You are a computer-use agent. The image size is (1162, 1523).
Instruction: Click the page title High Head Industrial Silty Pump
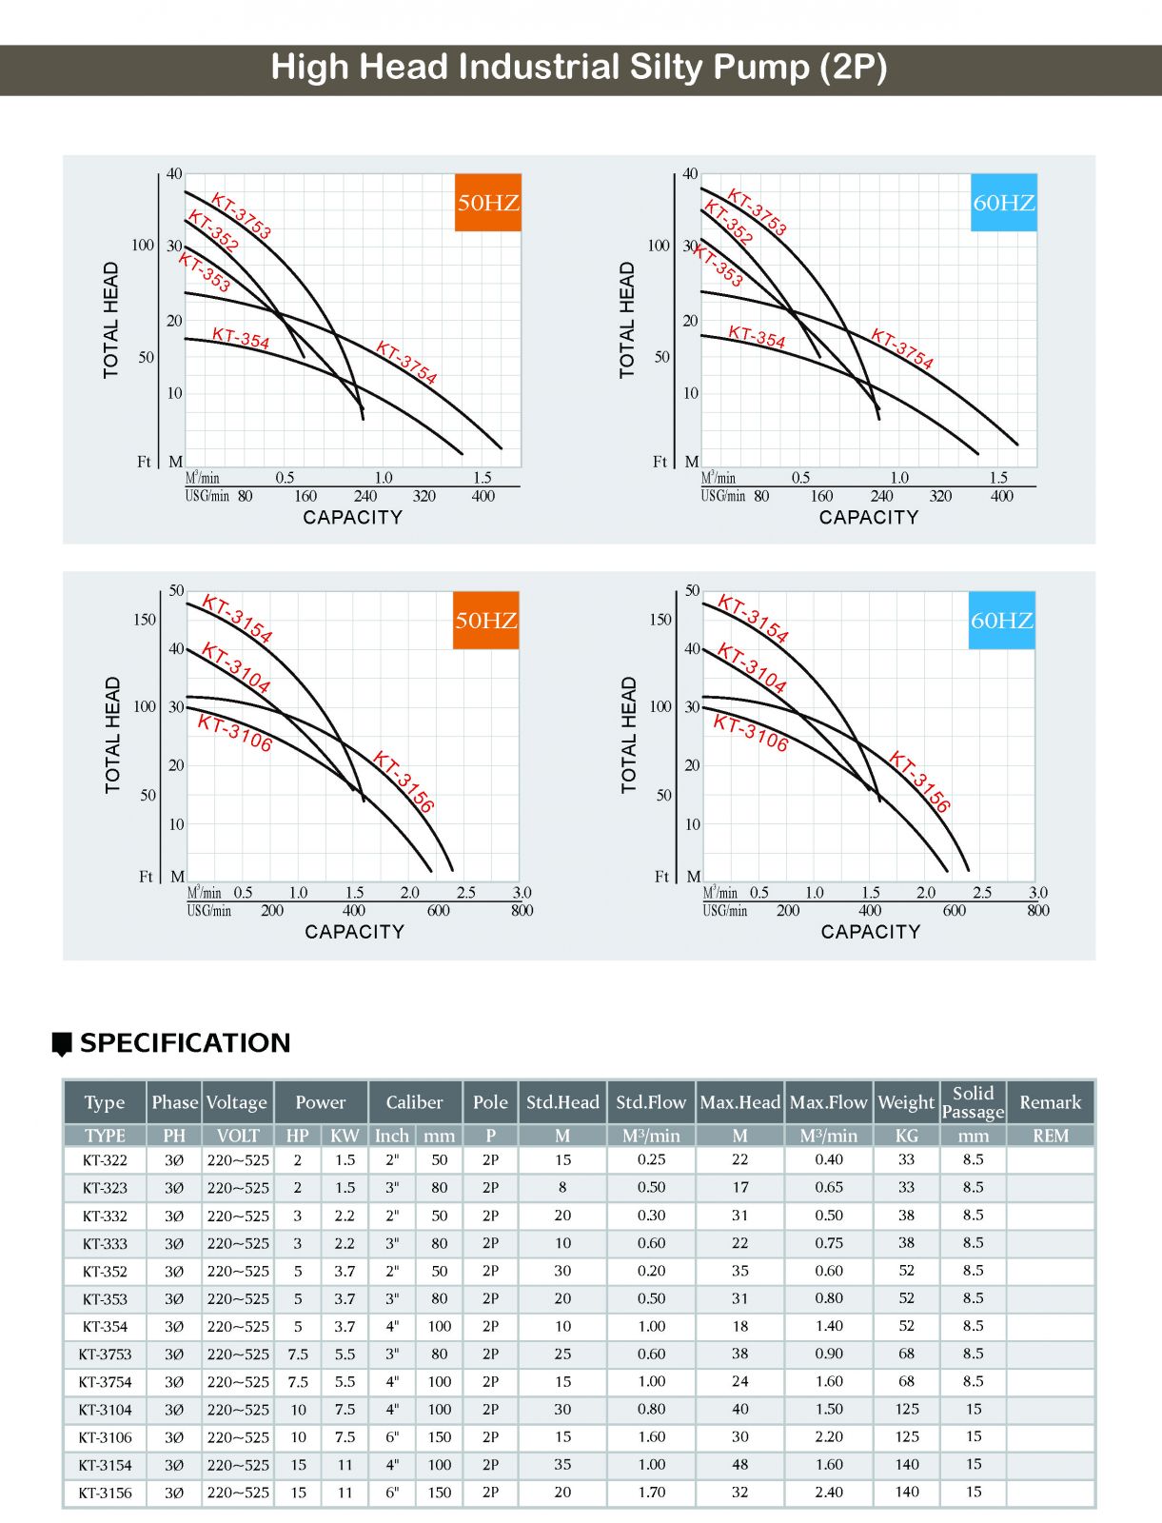point(579,68)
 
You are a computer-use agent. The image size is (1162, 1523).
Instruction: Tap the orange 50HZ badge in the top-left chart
point(487,202)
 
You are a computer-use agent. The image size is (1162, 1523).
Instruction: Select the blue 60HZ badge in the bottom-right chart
point(1001,620)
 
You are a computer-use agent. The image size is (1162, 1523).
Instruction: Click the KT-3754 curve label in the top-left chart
point(406,363)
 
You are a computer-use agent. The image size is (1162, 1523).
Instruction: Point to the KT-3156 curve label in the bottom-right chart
point(919,781)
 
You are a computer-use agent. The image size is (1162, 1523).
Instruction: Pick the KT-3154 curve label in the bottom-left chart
point(237,620)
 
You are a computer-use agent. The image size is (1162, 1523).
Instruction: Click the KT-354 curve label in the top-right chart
point(757,337)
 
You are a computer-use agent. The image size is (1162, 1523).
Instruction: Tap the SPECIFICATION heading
point(185,1043)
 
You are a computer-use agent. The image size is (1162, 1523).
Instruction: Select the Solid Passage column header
point(973,1102)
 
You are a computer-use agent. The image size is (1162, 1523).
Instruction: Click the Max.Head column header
point(739,1102)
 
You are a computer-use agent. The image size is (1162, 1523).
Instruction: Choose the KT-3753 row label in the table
point(105,1354)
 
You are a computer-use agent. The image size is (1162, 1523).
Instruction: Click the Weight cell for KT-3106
point(906,1436)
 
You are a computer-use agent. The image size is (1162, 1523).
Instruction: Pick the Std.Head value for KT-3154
point(562,1464)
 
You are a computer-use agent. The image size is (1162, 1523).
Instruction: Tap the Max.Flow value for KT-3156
point(828,1492)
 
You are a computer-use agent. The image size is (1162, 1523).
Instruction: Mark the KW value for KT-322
point(345,1159)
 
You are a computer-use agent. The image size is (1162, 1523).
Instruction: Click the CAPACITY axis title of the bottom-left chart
point(354,932)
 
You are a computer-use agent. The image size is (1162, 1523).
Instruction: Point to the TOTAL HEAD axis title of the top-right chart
point(626,320)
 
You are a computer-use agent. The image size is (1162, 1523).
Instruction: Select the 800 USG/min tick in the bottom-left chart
point(522,910)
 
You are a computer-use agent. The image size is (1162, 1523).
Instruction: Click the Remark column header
point(1050,1102)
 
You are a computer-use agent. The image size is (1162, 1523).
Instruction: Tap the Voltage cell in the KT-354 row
point(238,1326)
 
